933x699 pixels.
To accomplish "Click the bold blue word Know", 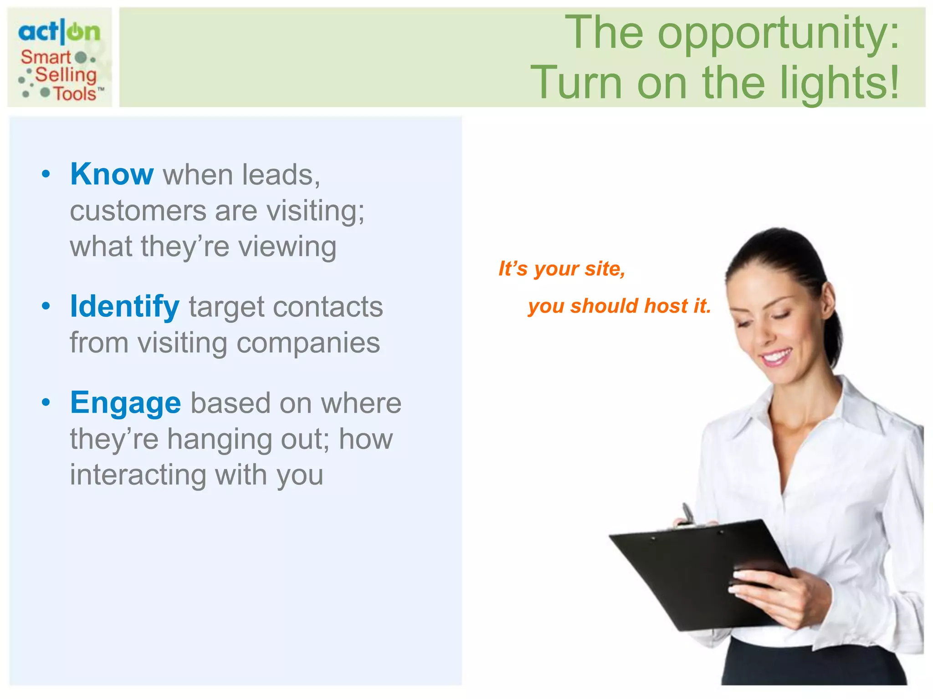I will (112, 174).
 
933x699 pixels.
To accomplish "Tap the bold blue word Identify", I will (125, 306).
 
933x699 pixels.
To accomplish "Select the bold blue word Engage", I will (126, 403).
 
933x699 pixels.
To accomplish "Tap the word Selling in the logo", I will (66, 75).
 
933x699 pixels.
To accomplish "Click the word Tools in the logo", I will (75, 94).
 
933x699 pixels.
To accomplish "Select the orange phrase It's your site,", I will (562, 268).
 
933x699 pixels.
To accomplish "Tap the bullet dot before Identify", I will (46, 306).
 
